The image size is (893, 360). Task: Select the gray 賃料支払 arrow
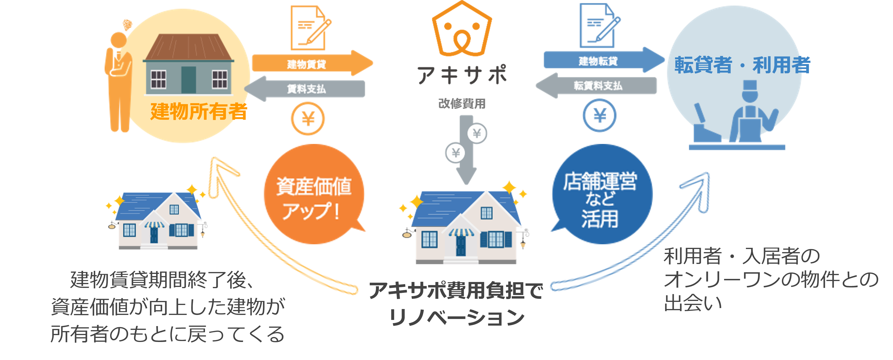click(x=305, y=89)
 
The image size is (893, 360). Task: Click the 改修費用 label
click(x=462, y=103)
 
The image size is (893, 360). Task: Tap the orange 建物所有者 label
click(x=199, y=111)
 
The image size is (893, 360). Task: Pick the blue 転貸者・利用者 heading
click(x=742, y=65)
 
